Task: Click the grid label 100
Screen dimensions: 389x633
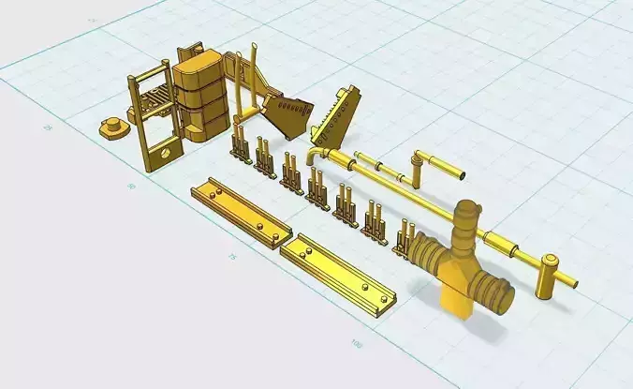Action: click(357, 343)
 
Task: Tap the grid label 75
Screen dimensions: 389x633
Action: click(231, 256)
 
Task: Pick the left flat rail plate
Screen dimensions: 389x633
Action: click(241, 213)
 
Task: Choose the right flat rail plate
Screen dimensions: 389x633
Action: click(339, 273)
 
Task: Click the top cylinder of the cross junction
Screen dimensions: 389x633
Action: click(466, 221)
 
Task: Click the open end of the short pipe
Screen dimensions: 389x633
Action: click(460, 174)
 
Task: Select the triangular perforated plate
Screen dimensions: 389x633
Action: click(336, 112)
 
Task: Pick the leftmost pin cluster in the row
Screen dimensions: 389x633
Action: click(241, 146)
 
